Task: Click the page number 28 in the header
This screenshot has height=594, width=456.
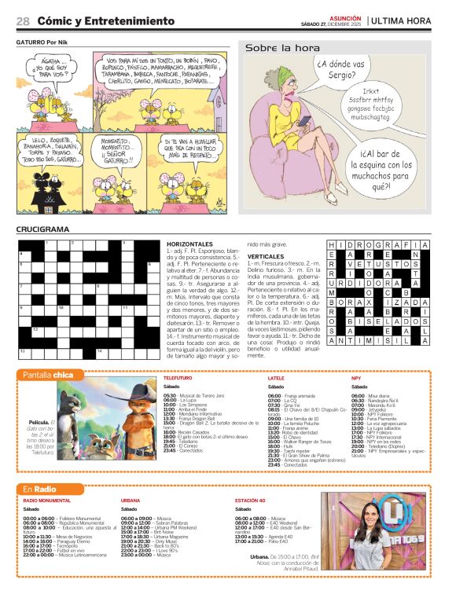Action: pos(23,20)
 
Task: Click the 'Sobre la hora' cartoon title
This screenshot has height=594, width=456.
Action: pos(276,48)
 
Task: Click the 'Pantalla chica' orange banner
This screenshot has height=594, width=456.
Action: pos(49,375)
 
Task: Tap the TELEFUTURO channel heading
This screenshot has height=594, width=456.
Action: pos(178,378)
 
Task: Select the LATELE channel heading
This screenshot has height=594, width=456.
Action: pos(276,378)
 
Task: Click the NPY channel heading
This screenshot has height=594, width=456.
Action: pos(356,378)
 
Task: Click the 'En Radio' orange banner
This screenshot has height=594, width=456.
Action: pos(39,489)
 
